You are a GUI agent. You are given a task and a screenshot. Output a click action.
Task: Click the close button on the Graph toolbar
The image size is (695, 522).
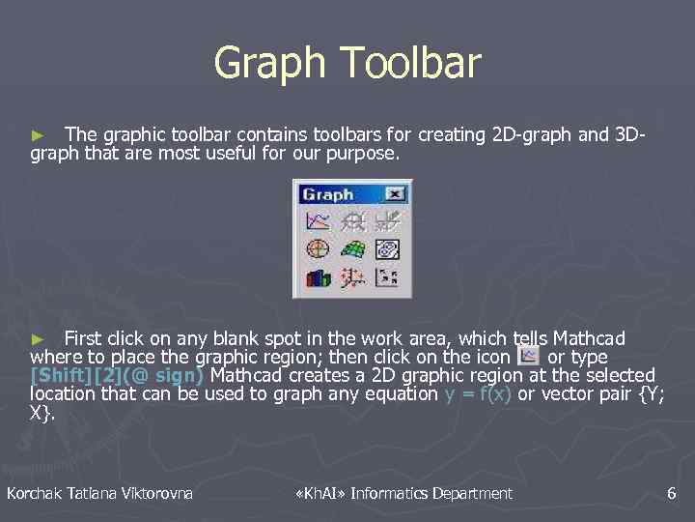click(x=394, y=194)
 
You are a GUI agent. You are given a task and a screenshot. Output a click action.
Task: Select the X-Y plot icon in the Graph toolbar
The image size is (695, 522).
click(x=318, y=221)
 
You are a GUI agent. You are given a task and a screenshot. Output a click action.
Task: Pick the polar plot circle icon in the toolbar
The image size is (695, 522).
click(x=318, y=249)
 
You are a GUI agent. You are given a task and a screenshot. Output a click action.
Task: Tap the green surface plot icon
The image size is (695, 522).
click(x=352, y=249)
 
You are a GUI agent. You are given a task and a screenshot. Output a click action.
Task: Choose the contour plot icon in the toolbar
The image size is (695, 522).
click(x=387, y=249)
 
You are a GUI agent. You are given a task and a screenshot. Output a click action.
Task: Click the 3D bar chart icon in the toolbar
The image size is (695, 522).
click(x=318, y=278)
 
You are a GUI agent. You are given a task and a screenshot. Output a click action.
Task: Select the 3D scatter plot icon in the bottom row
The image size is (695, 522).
click(x=352, y=278)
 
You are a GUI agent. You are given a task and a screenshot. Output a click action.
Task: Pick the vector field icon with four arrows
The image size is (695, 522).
click(x=387, y=278)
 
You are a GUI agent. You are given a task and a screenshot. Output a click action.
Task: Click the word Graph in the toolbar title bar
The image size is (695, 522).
click(x=327, y=194)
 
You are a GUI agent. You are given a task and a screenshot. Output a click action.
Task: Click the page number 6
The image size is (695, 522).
click(x=671, y=494)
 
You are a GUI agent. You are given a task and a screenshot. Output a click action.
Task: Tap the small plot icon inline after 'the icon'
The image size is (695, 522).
click(x=529, y=356)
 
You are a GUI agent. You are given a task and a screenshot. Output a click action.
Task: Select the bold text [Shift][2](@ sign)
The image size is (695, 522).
click(x=117, y=375)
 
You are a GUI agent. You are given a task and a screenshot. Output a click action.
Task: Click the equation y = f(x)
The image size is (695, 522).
click(x=478, y=393)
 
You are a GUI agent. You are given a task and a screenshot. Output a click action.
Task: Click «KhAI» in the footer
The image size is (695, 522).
click(x=319, y=494)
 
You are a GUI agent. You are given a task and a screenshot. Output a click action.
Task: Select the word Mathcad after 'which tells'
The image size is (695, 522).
click(x=589, y=338)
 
